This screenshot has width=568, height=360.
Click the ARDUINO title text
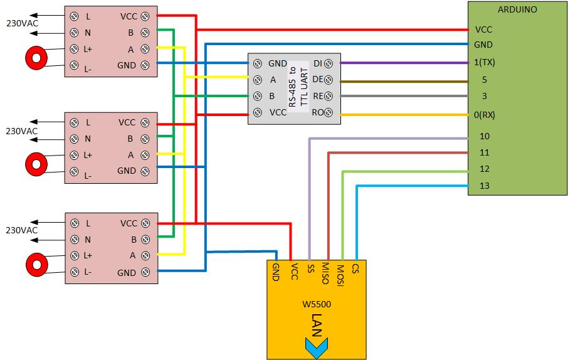pos(517,9)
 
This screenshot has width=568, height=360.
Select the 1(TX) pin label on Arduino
pos(486,63)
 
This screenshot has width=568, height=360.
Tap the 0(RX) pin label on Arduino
pos(487,114)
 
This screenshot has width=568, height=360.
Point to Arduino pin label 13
pos(484,186)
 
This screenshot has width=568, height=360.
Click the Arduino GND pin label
pos(484,45)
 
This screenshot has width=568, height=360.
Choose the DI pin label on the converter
pos(318,63)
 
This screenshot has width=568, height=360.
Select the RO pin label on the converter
pos(318,113)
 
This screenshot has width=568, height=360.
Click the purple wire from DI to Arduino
pos(401,63)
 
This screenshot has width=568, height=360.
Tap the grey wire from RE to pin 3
pos(401,97)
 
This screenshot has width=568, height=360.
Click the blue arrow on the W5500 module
pos(317,346)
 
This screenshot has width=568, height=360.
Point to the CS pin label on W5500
pos(355,270)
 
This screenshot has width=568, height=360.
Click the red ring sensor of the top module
pos(36,58)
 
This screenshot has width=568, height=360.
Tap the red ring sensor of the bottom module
pos(36,263)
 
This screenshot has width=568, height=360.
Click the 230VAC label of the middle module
pos(22,130)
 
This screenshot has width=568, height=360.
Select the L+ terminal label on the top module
pos(88,49)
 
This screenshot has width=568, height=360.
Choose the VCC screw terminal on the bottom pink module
pos(145,223)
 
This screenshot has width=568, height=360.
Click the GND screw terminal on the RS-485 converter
pos(257,63)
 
